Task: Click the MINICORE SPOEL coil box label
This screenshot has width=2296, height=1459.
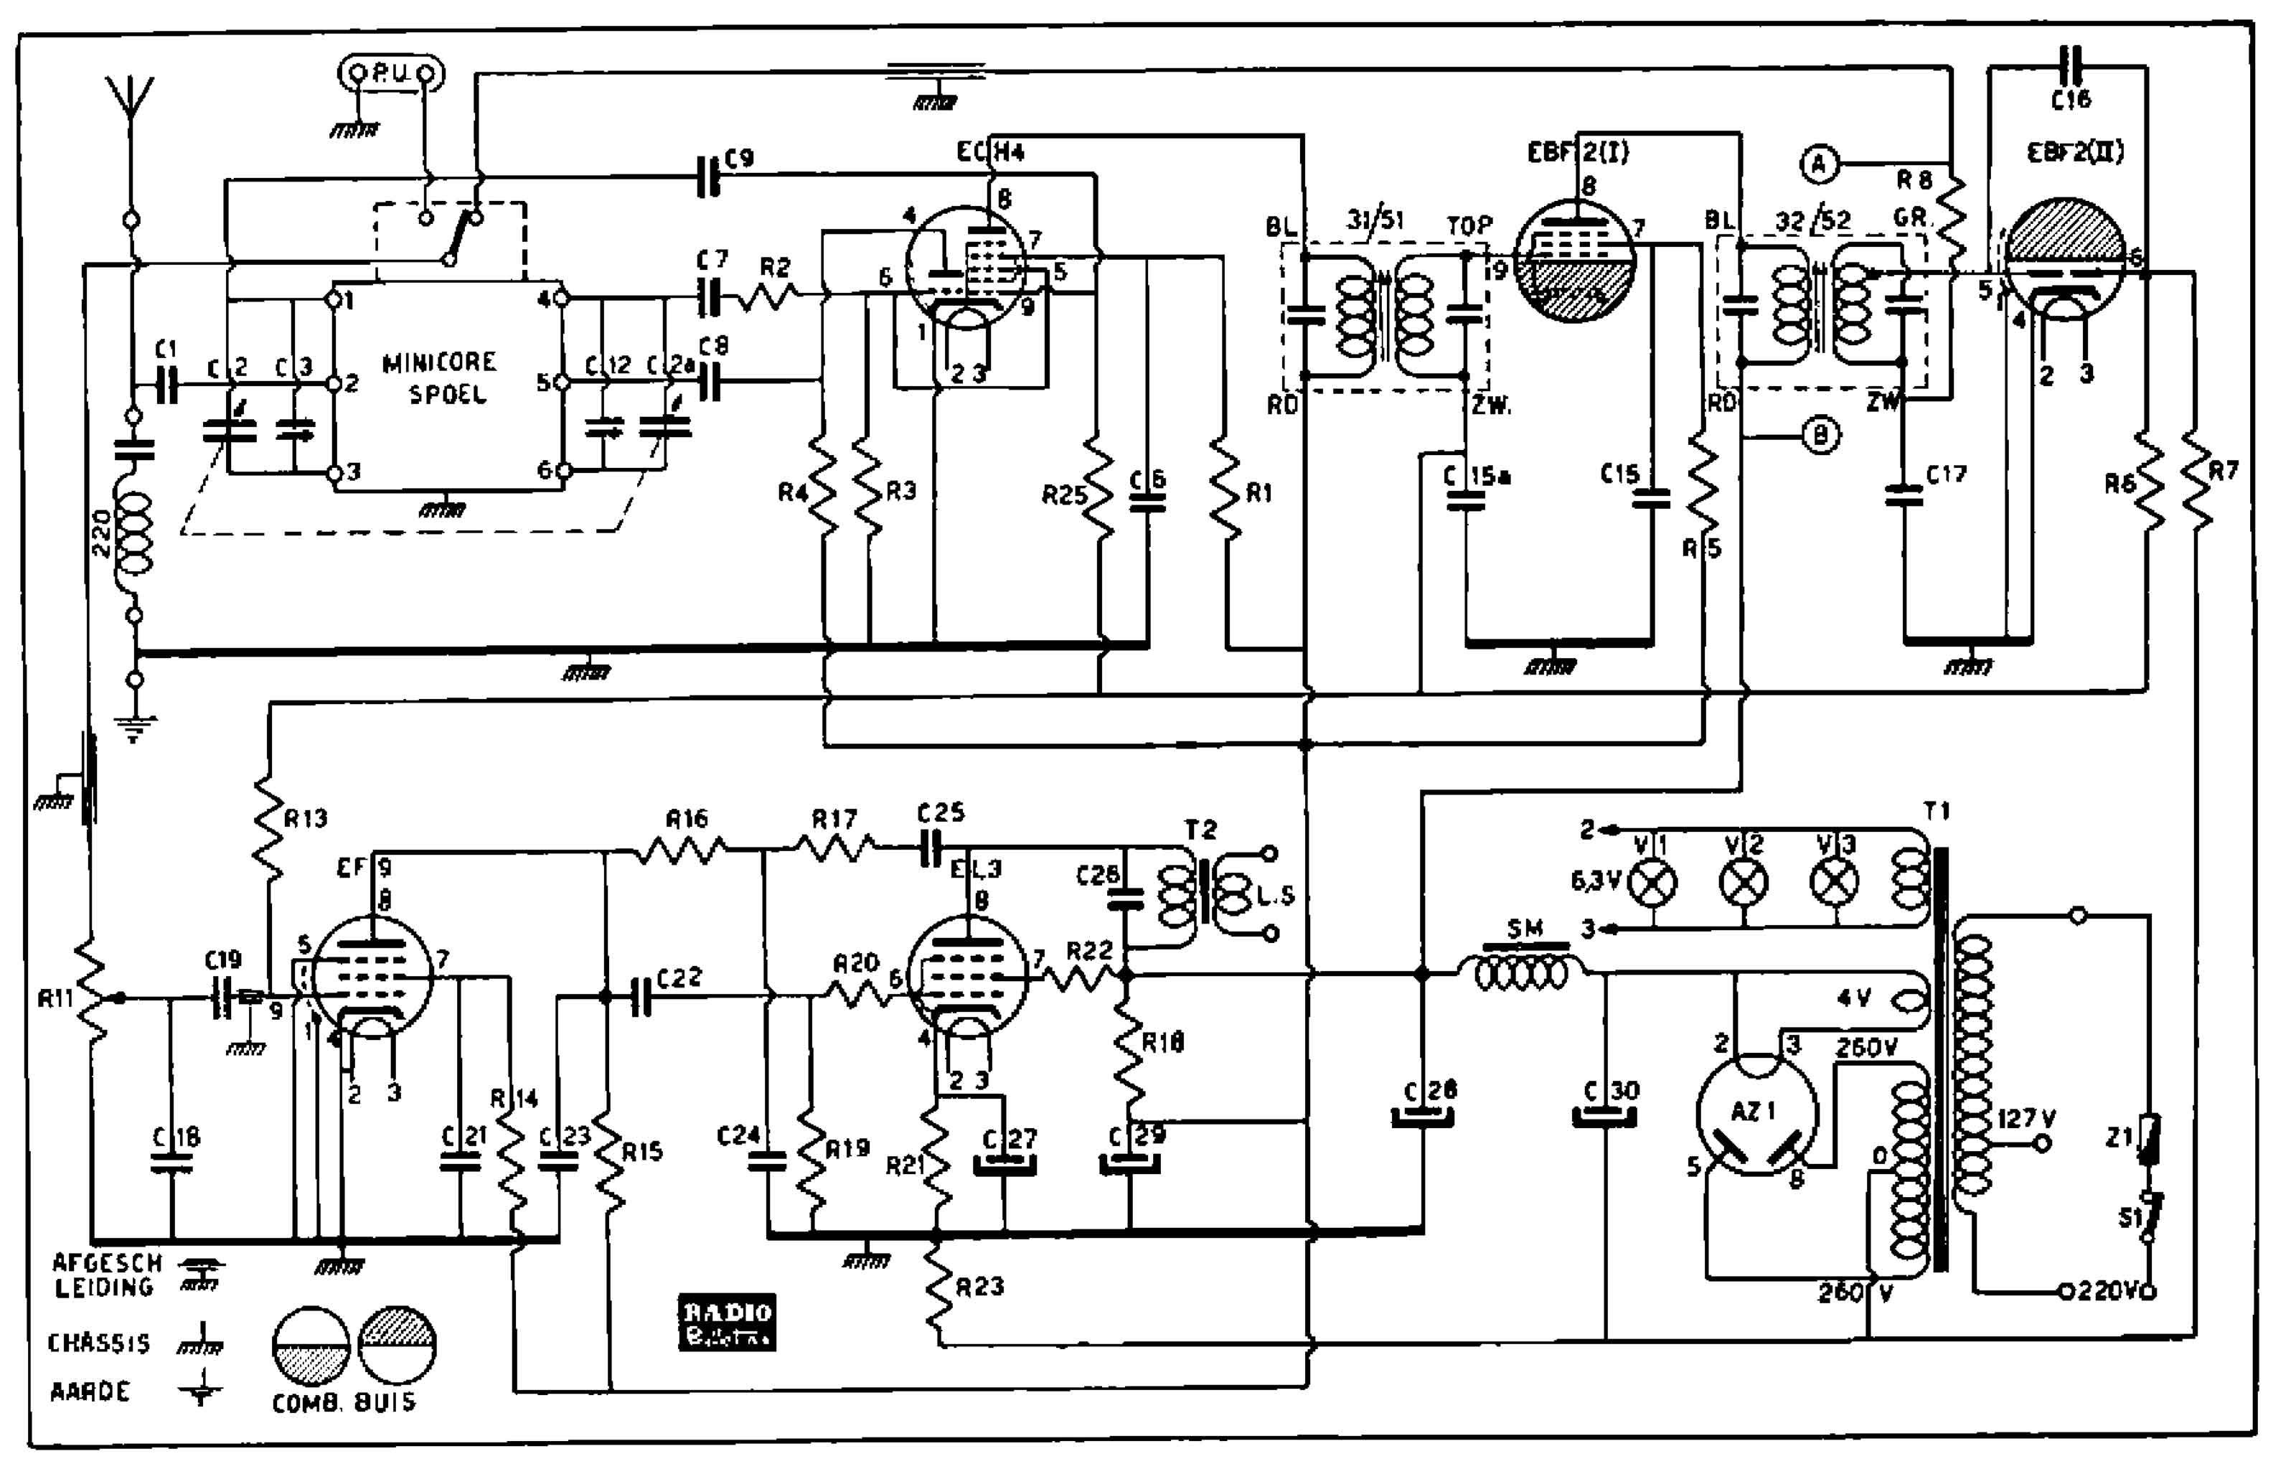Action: [441, 377]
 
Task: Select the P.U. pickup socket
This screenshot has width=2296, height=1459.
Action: [391, 72]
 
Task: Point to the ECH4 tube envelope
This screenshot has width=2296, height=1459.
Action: [965, 267]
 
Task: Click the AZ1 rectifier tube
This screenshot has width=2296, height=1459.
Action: [1756, 1114]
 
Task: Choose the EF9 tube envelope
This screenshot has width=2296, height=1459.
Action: [372, 975]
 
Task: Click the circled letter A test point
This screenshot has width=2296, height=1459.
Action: [1820, 165]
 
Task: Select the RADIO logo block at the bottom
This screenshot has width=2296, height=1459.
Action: [727, 1322]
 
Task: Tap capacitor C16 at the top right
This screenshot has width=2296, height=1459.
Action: [2069, 67]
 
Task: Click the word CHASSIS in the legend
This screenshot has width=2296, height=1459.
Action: [99, 1343]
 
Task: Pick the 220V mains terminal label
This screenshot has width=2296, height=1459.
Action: [2109, 1292]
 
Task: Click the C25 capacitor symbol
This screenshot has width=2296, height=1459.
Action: [931, 847]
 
